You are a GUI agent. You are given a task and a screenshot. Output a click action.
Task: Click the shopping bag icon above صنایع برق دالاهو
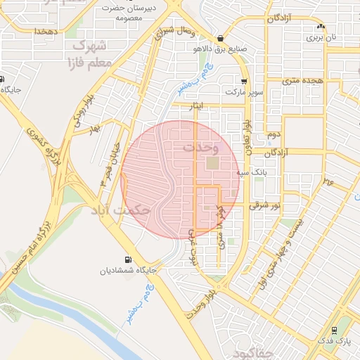(221, 38)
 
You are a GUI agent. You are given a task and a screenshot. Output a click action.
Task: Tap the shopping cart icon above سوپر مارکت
(244, 81)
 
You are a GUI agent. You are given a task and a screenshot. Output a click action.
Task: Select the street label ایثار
(192, 105)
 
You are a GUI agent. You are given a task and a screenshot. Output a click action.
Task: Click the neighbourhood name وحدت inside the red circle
(200, 148)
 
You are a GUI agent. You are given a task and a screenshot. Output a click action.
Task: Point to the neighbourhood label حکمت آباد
(120, 210)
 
